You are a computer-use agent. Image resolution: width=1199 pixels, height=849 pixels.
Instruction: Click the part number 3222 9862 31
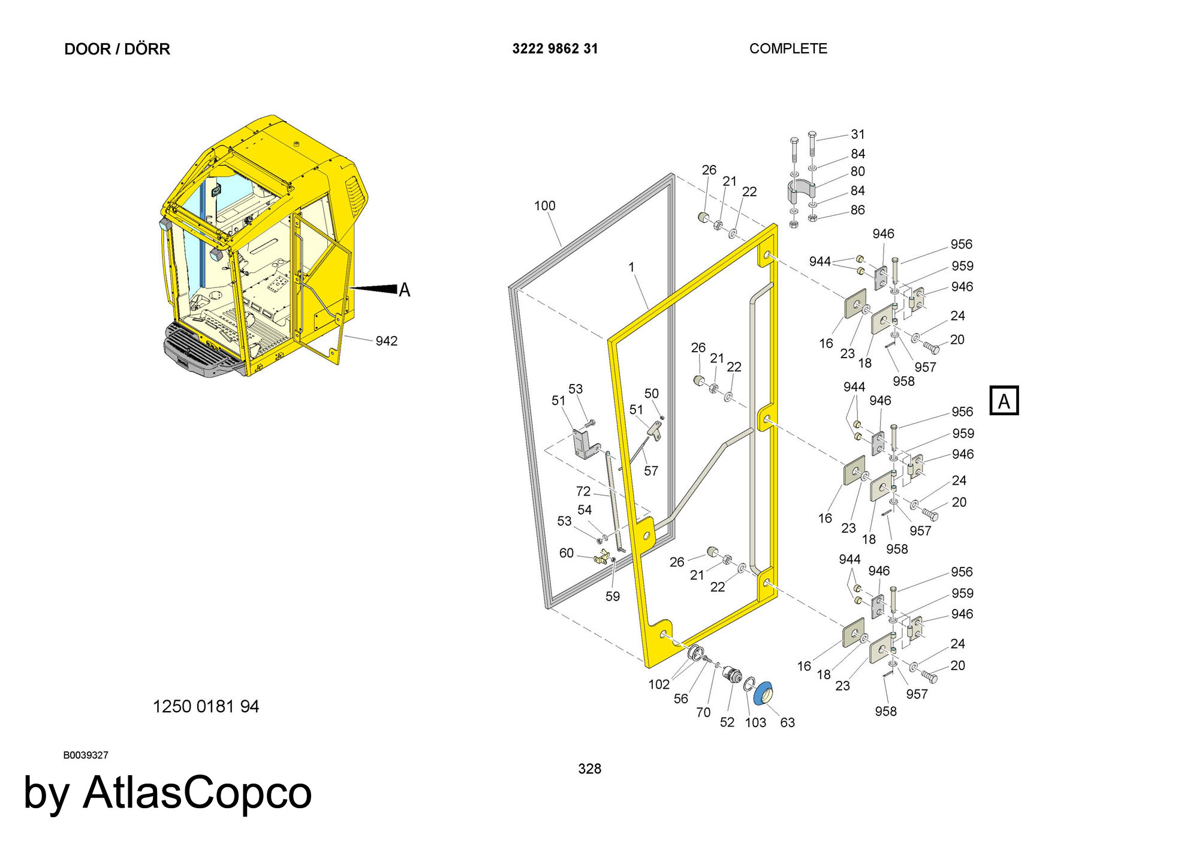(x=555, y=49)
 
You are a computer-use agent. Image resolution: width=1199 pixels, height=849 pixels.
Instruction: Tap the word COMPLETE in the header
(x=788, y=49)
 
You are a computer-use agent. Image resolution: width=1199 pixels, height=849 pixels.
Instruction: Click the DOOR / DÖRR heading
(x=117, y=49)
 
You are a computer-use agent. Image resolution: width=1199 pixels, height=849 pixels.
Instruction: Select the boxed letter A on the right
(x=1004, y=401)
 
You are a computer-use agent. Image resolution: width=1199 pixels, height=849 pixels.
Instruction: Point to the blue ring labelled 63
(x=763, y=694)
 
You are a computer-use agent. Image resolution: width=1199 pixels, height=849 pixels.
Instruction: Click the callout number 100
(x=544, y=206)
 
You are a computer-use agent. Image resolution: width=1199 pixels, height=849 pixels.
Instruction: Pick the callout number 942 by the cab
(x=387, y=341)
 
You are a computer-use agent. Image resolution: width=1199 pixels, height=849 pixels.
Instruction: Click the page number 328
(x=589, y=769)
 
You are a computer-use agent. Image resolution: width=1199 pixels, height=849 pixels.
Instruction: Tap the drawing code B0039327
(x=86, y=755)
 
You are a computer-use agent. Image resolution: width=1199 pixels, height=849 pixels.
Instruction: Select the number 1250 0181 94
(x=206, y=706)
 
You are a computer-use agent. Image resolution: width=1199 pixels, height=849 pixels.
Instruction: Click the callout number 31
(x=858, y=134)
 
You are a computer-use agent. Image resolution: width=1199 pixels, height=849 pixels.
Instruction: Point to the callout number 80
(x=858, y=172)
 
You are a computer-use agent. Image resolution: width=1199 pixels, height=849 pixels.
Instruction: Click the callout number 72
(x=583, y=491)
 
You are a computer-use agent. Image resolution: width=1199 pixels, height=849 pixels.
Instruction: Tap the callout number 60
(x=567, y=553)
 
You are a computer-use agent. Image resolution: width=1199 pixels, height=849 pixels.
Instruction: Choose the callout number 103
(x=755, y=722)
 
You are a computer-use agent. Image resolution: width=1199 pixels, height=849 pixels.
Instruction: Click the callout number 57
(x=651, y=471)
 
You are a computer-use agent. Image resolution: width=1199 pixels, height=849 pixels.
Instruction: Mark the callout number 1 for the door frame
(x=631, y=267)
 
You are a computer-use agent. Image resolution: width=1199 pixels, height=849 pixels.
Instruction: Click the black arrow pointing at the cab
(x=373, y=289)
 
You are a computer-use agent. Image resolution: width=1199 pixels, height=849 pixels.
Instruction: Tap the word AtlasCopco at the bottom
(x=198, y=793)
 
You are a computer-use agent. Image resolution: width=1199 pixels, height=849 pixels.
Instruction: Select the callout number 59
(x=613, y=596)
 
